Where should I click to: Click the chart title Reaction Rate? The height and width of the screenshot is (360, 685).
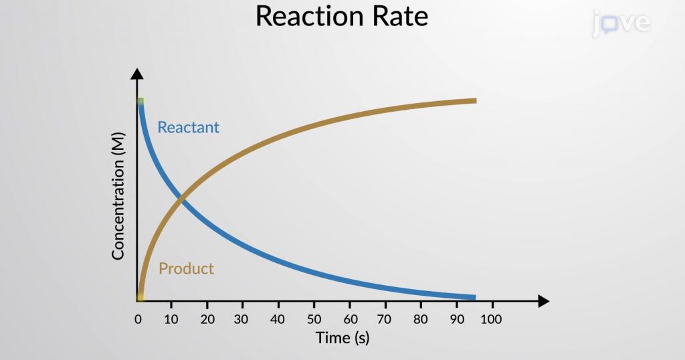pos(342,17)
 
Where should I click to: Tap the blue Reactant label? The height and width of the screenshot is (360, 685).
pos(188,127)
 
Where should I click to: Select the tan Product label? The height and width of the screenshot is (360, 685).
pos(186,268)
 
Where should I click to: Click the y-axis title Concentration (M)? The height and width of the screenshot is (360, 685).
pos(118,196)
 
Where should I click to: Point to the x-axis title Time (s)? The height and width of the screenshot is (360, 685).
pos(342,338)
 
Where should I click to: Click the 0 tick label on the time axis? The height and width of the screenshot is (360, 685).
pos(138,319)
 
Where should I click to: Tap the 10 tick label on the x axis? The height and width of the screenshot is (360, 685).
pos(171,319)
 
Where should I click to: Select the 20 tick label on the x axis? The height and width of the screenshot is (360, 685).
pos(207,319)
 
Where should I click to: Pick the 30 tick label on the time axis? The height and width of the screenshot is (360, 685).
pos(241,319)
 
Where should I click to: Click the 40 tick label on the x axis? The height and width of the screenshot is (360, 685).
pos(278,319)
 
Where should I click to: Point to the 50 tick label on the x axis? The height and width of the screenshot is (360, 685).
pos(314,319)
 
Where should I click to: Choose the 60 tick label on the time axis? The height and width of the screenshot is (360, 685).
pos(351,319)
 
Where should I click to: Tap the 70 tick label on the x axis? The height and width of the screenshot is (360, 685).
pos(384,319)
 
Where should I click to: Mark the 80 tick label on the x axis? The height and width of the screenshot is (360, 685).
pos(421,319)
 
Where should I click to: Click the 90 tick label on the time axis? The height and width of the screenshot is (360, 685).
pos(457,319)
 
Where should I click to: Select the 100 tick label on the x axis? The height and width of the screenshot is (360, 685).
pos(491,319)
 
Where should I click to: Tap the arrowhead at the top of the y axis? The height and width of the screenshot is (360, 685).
pos(137,74)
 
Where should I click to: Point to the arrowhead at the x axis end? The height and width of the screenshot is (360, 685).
pos(543,301)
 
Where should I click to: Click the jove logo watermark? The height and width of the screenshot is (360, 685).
pos(621,23)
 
